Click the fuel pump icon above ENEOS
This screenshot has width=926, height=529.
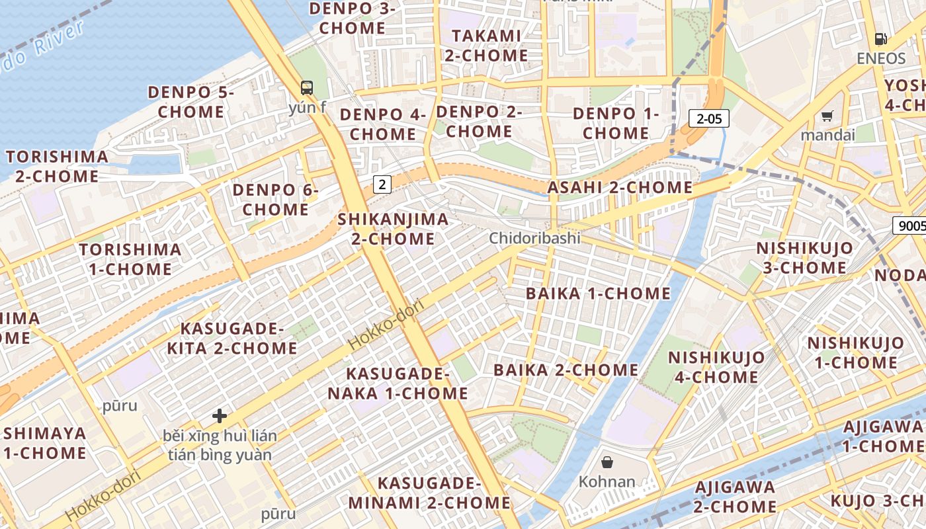(x=880, y=39)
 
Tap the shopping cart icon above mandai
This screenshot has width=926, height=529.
(x=827, y=116)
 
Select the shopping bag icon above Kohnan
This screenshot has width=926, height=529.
(x=607, y=462)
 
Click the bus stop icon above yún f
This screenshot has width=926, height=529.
(x=307, y=87)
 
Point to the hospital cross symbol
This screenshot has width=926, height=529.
(x=220, y=416)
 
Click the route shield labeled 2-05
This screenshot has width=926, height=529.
(x=709, y=119)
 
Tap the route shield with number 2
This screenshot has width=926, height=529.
(x=382, y=184)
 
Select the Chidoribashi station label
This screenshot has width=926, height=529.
(x=534, y=238)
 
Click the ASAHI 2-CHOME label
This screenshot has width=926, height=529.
(x=620, y=188)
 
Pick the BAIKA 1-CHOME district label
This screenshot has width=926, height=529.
(x=598, y=294)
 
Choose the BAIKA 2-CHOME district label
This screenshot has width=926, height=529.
(x=566, y=370)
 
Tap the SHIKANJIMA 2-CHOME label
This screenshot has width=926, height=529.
(x=393, y=229)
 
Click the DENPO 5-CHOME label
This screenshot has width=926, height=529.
(x=191, y=102)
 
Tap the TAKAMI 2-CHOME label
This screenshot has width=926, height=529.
(x=487, y=46)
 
